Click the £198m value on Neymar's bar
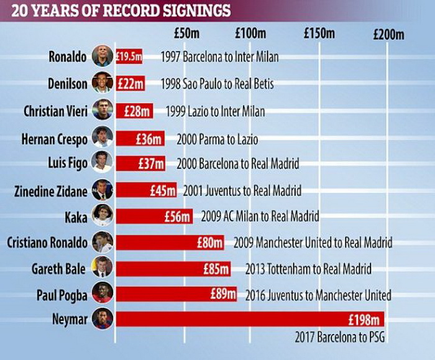[x=365, y=320]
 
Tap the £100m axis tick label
[x=251, y=34]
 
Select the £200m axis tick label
[x=388, y=35]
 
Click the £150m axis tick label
[x=319, y=34]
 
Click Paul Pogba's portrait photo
[x=103, y=293]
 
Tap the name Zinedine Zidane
[x=51, y=190]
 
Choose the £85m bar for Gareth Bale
[x=173, y=269]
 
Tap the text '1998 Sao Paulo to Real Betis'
[x=216, y=84]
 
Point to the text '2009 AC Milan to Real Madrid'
[x=260, y=216]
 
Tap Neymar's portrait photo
[x=103, y=319]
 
